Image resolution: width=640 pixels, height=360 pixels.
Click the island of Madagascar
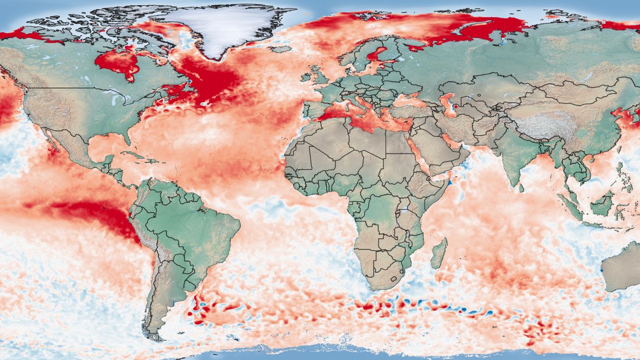pos(439,253)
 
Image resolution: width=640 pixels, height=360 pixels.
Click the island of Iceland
pos(281,49)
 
